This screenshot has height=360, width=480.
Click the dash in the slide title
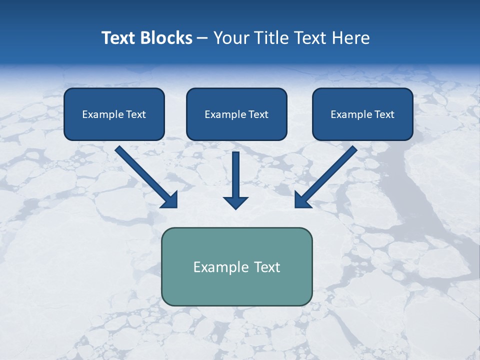point(202,38)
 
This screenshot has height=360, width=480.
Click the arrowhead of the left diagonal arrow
point(170,200)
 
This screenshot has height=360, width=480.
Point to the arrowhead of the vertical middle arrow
point(235,202)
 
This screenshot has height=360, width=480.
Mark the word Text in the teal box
point(267,267)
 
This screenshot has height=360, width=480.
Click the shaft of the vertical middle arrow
point(235,172)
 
